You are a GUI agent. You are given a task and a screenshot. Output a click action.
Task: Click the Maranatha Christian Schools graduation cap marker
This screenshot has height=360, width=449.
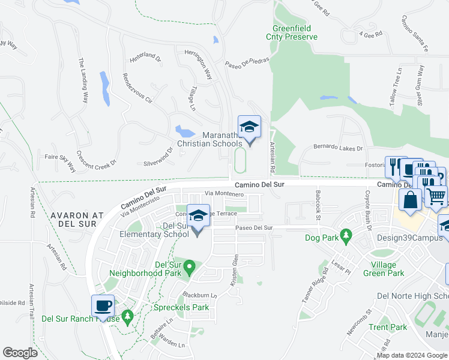(250, 127)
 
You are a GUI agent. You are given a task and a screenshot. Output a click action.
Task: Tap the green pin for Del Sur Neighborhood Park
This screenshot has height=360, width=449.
(190, 266)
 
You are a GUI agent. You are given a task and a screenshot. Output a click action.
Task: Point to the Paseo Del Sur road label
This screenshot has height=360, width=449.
(254, 228)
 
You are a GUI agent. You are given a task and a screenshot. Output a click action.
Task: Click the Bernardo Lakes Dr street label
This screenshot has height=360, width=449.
(339, 148)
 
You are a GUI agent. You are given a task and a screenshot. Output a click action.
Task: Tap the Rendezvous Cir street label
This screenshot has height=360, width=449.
(137, 88)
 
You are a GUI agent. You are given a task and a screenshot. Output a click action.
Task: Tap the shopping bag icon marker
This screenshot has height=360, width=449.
(411, 200)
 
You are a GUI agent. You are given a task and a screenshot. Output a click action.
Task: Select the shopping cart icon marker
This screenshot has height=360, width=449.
(436, 195)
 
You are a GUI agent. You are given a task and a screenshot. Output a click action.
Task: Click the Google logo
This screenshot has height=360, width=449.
(20, 353)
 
